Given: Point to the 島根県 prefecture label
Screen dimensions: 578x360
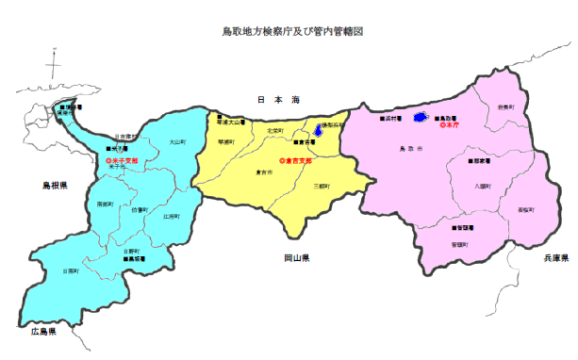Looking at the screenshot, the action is (x=41, y=186).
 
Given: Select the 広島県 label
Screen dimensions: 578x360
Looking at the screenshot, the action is (x=43, y=332).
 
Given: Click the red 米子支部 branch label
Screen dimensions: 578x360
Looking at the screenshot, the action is (x=123, y=161).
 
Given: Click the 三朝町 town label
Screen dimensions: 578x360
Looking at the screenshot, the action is (x=323, y=187).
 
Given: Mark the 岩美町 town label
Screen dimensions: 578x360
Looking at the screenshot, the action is (x=506, y=107).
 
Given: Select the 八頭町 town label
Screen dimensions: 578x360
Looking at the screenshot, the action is (x=485, y=187).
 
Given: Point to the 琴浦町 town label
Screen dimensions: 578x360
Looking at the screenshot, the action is (x=226, y=141).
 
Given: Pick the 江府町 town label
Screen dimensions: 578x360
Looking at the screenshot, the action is (x=171, y=217).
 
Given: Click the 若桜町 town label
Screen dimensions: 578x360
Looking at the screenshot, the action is (x=524, y=208).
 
